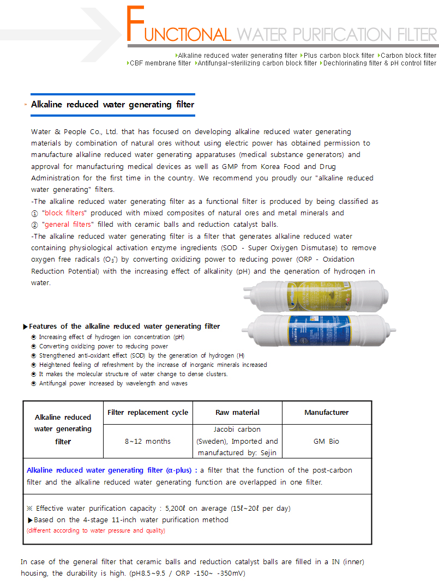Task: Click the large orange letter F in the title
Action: click(x=136, y=25)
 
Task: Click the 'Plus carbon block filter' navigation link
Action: click(x=339, y=56)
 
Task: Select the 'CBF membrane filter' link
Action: click(x=160, y=63)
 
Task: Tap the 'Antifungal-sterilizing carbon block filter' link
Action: click(x=257, y=63)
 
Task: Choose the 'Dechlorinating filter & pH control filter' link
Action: click(x=380, y=63)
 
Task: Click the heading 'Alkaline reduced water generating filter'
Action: click(x=112, y=104)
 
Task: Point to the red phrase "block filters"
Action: click(x=64, y=213)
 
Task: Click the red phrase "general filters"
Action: click(x=68, y=225)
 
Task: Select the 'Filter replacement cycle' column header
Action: click(x=148, y=413)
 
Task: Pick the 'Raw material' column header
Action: click(x=237, y=413)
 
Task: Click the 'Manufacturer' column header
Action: click(x=326, y=413)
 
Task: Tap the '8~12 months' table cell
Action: click(x=147, y=442)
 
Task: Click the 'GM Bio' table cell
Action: click(x=326, y=442)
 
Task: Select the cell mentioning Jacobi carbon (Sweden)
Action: click(x=237, y=441)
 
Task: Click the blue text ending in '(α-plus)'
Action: click(x=109, y=470)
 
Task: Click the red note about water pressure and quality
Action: click(x=96, y=530)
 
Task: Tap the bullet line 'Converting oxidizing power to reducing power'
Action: click(x=103, y=346)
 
